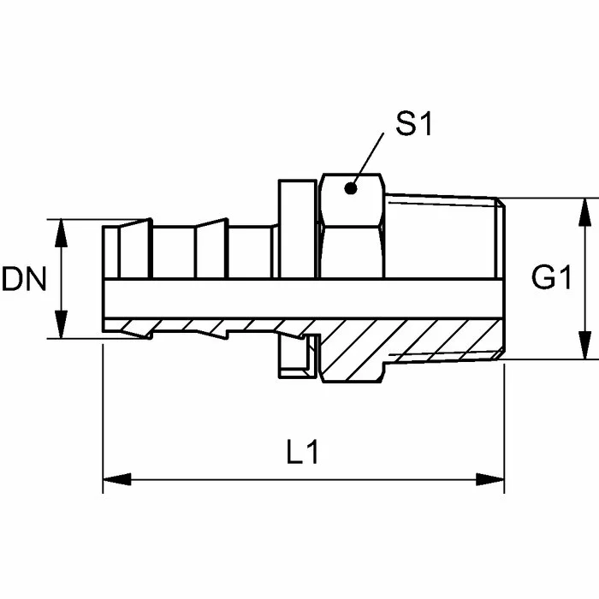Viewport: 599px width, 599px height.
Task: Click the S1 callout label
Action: (413, 124)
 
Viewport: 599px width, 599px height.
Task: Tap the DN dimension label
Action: (24, 279)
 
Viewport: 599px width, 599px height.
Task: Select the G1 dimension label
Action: (551, 277)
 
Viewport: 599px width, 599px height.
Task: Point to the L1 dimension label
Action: (303, 452)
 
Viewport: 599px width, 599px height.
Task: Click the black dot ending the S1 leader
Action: (350, 188)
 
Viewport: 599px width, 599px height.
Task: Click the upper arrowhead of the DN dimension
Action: (61, 233)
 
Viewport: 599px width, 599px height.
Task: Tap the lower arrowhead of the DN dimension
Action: (61, 324)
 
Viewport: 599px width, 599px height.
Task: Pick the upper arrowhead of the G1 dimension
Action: (584, 212)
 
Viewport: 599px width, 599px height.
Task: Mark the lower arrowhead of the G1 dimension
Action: (584, 346)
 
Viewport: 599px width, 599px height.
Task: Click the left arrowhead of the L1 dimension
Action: (117, 479)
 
